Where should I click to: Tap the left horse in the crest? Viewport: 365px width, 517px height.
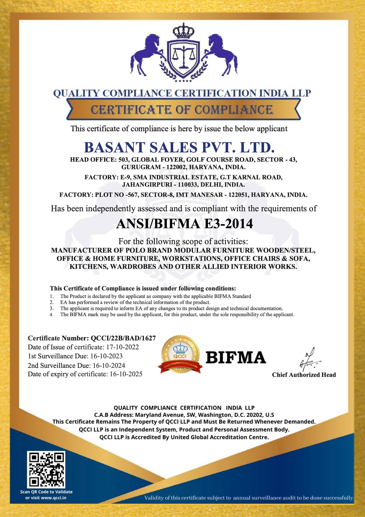click(146, 54)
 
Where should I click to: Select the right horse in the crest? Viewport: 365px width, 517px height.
click(221, 54)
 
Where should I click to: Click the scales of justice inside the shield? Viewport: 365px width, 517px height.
click(183, 56)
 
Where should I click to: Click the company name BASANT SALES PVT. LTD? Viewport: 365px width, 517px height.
click(179, 147)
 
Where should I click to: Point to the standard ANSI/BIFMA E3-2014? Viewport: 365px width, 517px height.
click(184, 224)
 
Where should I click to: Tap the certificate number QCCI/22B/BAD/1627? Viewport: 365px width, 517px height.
click(123, 338)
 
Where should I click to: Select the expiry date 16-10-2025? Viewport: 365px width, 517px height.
click(126, 374)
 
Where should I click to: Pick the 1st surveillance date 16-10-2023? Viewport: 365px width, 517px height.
click(106, 356)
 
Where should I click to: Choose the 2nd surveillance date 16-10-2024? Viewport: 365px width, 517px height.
click(109, 366)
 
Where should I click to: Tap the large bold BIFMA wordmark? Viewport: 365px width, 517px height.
click(236, 358)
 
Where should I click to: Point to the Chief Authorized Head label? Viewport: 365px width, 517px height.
click(304, 375)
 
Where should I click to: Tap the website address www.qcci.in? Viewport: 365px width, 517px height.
click(53, 498)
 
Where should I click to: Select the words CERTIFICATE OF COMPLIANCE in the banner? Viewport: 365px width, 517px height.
click(182, 110)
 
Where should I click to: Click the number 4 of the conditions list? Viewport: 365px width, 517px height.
click(52, 315)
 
